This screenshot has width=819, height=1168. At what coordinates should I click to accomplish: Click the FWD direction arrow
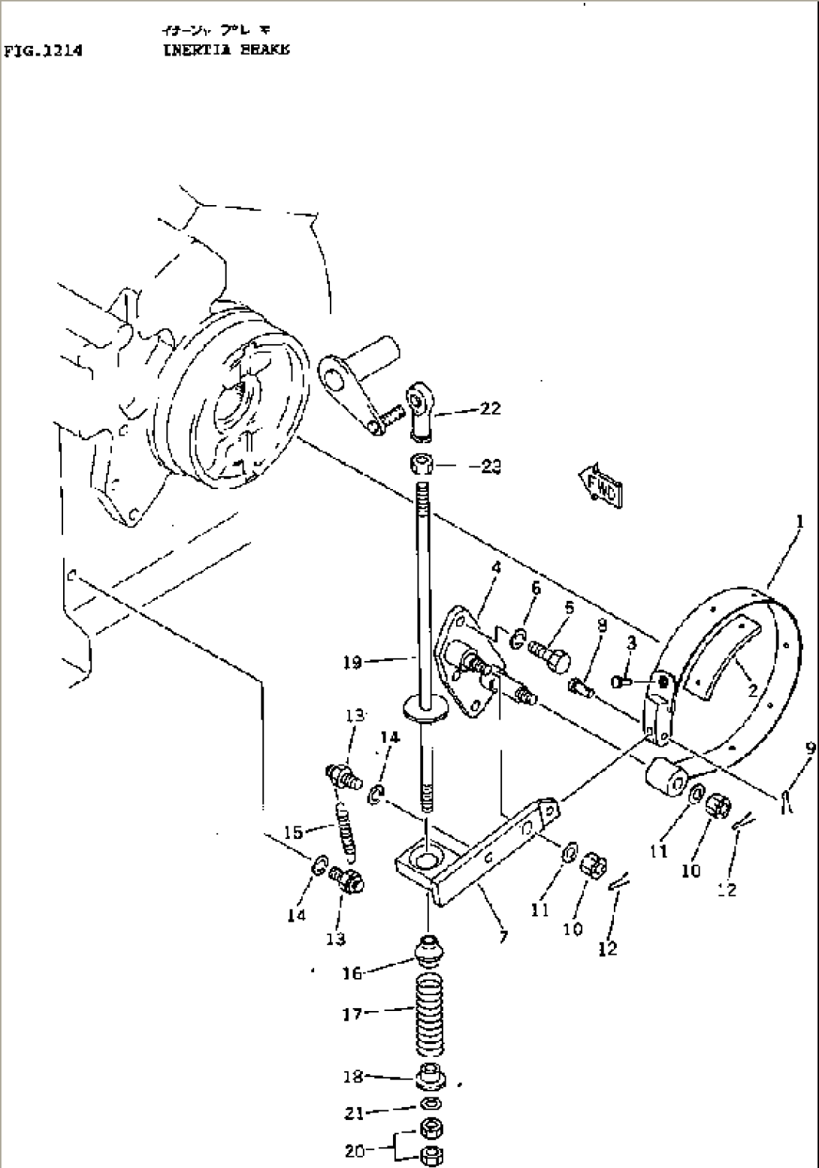(x=599, y=485)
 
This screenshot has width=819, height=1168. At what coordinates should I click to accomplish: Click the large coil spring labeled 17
(x=429, y=1015)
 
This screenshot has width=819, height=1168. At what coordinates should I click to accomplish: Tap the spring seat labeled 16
(x=428, y=949)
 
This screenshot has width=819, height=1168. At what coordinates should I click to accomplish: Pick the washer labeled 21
(x=430, y=1103)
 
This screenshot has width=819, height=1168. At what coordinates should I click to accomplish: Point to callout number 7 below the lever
(x=502, y=937)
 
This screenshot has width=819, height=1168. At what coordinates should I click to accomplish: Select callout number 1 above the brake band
(x=800, y=521)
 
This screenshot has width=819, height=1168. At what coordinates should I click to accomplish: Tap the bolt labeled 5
(x=549, y=658)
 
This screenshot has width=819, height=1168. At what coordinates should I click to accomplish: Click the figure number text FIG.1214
(x=43, y=50)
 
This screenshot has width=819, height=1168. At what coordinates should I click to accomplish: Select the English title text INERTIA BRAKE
(x=225, y=50)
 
